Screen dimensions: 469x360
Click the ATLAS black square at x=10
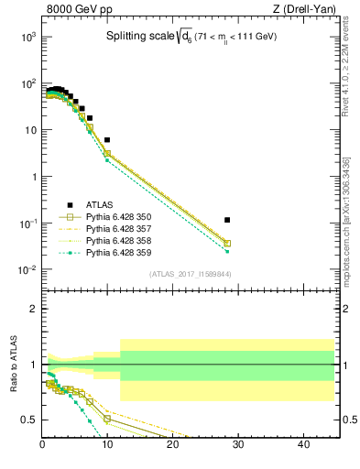[107, 140]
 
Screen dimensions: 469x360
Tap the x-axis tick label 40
[304, 445]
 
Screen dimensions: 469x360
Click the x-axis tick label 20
[173, 445]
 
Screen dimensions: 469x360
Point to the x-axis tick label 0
[43, 445]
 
